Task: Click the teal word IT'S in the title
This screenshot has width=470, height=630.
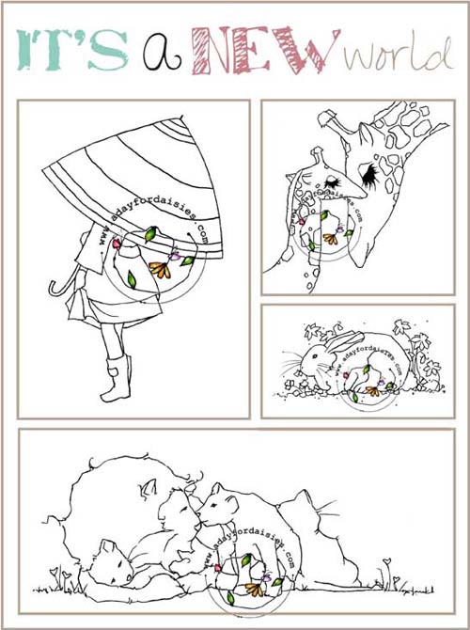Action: [72, 50]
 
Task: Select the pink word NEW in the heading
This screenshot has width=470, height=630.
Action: [266, 50]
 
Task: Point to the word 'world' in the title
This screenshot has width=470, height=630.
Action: [399, 54]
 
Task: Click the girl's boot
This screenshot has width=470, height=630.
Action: [117, 378]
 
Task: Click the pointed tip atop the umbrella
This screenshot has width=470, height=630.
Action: [182, 118]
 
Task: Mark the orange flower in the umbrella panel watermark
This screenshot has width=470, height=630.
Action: [160, 270]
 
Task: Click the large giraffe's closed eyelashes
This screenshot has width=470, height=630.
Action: [370, 173]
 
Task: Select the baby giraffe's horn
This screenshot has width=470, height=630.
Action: [317, 156]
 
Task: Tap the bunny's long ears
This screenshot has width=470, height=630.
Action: [345, 341]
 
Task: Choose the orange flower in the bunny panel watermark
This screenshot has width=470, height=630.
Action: [372, 390]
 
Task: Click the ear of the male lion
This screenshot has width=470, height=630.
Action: [147, 491]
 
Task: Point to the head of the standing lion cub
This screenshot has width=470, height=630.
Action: [219, 505]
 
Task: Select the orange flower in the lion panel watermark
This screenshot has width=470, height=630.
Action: [254, 589]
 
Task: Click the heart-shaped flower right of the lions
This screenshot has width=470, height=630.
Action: [387, 561]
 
